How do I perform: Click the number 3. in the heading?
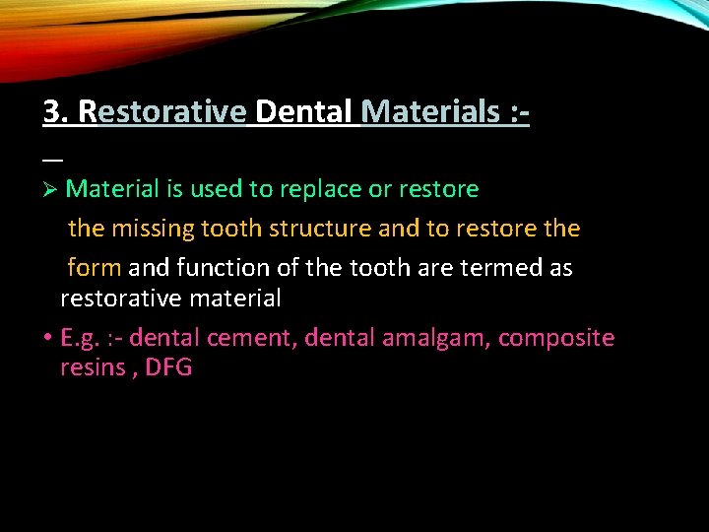(x=56, y=112)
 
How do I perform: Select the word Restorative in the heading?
(x=161, y=112)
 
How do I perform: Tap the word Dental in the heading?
(x=303, y=112)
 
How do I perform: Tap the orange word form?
(x=95, y=268)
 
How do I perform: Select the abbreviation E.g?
(x=81, y=339)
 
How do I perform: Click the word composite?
(x=556, y=339)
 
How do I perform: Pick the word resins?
(x=94, y=368)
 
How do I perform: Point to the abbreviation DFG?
(x=168, y=368)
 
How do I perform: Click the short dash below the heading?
(x=52, y=159)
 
